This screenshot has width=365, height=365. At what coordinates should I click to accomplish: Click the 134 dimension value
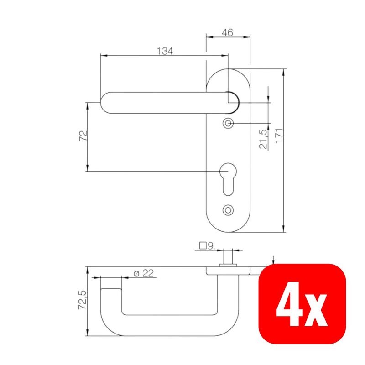click(x=165, y=51)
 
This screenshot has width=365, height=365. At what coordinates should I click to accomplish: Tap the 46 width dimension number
click(x=227, y=32)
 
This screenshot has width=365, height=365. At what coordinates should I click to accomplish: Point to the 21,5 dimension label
click(x=263, y=139)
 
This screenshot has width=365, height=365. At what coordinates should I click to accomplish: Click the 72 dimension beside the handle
click(x=83, y=136)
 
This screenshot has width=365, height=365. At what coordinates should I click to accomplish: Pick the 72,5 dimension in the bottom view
click(x=83, y=300)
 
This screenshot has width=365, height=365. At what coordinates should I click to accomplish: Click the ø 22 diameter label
click(x=144, y=273)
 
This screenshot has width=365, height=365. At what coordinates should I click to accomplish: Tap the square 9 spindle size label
click(x=207, y=246)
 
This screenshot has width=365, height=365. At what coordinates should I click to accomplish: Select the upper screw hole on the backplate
click(x=228, y=123)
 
